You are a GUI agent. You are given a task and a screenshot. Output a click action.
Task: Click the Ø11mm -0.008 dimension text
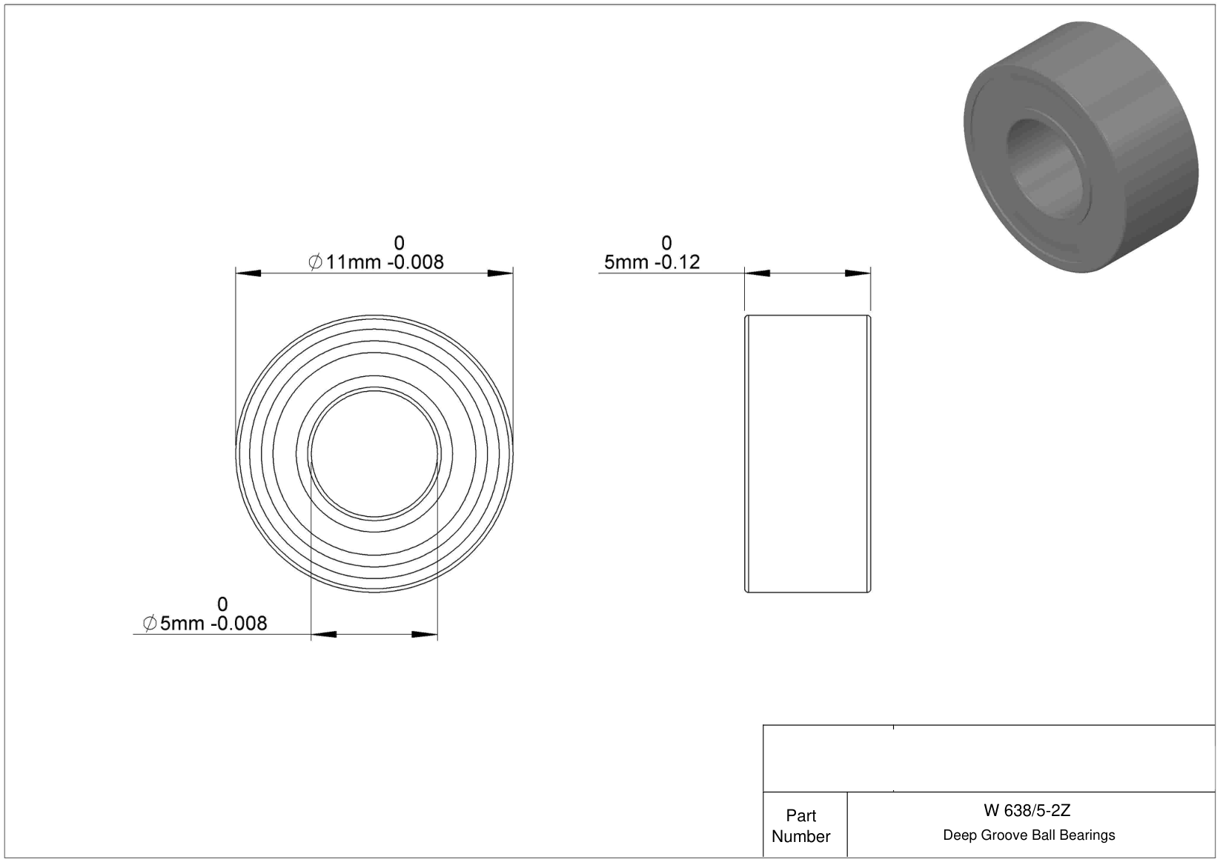(376, 262)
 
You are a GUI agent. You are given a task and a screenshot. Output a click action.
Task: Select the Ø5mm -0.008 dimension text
(205, 623)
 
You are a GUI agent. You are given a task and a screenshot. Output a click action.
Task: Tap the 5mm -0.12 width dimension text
(652, 262)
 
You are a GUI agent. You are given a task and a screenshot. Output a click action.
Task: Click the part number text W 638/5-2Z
(1027, 810)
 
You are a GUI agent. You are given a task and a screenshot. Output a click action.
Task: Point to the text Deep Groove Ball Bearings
(1029, 835)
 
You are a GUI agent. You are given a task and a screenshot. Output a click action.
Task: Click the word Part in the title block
(800, 815)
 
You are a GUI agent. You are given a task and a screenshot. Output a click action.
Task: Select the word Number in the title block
(800, 836)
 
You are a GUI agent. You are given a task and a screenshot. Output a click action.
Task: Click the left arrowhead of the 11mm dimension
(248, 273)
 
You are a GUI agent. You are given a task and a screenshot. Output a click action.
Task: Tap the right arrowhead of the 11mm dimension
(500, 273)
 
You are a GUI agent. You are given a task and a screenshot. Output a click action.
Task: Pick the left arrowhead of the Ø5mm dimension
(323, 634)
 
